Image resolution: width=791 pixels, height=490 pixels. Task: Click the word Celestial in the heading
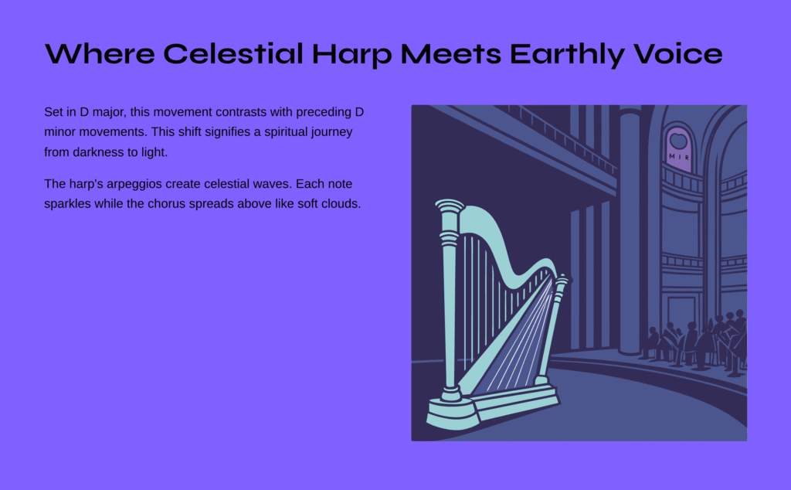pos(233,53)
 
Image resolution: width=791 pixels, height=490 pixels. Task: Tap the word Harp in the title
pos(351,56)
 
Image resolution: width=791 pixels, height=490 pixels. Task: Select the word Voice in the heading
pos(677,53)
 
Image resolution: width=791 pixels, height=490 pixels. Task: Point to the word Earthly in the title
pos(567,56)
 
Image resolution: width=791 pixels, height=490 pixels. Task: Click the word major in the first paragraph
pos(107,113)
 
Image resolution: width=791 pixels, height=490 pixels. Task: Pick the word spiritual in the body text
pos(286,133)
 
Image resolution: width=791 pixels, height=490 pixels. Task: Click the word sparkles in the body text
pos(67,204)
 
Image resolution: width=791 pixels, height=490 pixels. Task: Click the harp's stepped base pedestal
pos(493,407)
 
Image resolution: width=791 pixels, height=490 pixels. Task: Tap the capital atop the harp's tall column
pos(450,206)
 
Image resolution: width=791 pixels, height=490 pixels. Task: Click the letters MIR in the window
pos(678,157)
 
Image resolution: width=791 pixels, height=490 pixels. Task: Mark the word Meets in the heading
pos(450,53)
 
